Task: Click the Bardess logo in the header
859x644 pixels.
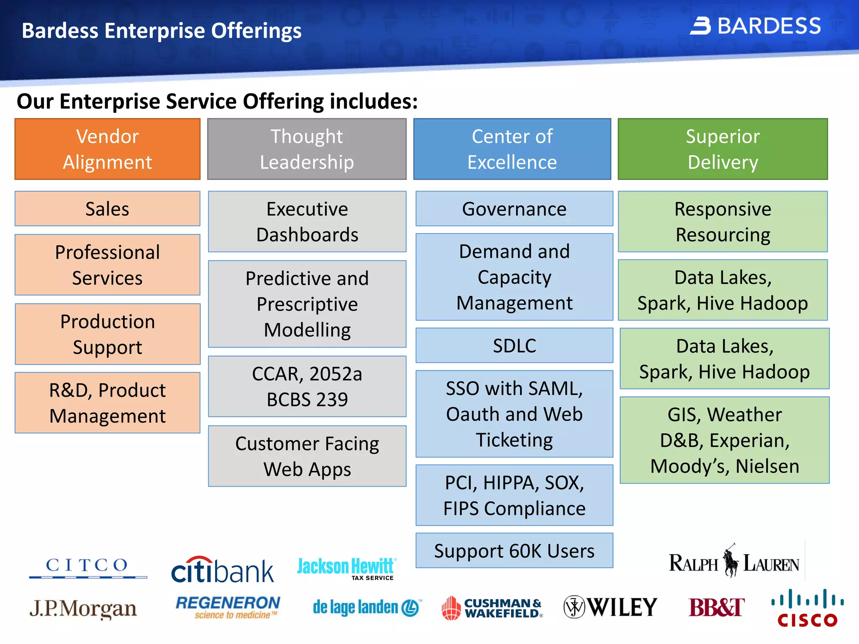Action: (x=755, y=26)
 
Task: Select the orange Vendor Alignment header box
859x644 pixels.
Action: (x=107, y=149)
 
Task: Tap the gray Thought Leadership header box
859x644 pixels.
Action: (x=307, y=149)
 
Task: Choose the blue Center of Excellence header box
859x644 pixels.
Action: (x=512, y=149)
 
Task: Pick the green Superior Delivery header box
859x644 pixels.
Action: (x=723, y=149)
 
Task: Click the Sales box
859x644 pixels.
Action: (x=107, y=209)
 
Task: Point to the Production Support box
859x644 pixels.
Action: (x=107, y=334)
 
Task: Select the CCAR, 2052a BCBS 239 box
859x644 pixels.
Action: (x=307, y=386)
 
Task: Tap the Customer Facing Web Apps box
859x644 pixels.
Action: (x=307, y=456)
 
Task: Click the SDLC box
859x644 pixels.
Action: (x=514, y=345)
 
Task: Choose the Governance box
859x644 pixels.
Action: (x=514, y=209)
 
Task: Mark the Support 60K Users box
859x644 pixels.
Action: (x=514, y=551)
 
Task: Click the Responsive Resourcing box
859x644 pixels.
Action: (x=723, y=221)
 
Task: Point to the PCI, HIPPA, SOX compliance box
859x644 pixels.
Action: (x=514, y=495)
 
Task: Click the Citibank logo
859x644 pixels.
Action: (x=222, y=570)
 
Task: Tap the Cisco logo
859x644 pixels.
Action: (x=807, y=608)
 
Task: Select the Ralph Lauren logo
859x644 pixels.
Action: (x=734, y=562)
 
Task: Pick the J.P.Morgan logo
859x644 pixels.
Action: (x=83, y=609)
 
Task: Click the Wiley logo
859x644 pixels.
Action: (x=610, y=607)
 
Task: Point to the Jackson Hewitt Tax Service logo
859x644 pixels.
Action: (x=346, y=568)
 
